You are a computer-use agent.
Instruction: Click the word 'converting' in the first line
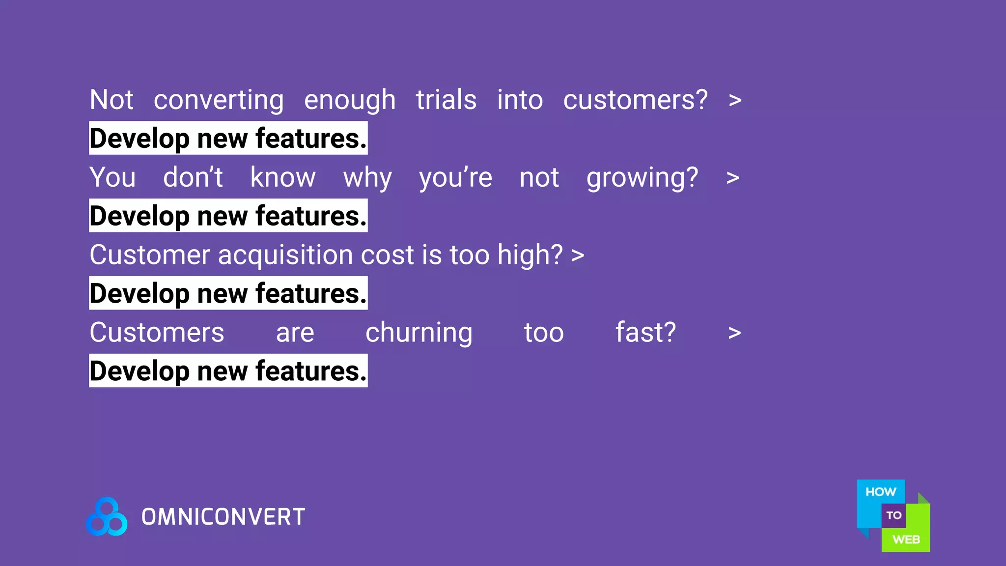click(x=219, y=101)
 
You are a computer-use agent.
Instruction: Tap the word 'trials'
click(x=446, y=100)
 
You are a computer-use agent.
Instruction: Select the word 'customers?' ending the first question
click(x=635, y=101)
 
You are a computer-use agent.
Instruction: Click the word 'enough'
click(x=350, y=101)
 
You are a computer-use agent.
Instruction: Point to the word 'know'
click(x=283, y=177)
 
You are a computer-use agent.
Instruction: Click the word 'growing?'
click(x=642, y=178)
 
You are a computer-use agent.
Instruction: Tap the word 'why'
click(x=367, y=178)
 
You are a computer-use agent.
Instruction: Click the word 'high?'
click(x=530, y=255)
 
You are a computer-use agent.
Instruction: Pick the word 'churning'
click(x=419, y=333)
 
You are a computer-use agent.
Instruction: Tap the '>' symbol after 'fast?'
click(x=734, y=333)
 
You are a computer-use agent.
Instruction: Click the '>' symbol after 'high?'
click(x=578, y=255)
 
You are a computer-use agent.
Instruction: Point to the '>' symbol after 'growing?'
click(x=732, y=178)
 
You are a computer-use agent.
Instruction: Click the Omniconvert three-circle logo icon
click(x=107, y=517)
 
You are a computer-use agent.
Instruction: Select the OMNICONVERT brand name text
click(x=224, y=517)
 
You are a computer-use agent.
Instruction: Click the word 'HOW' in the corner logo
click(x=880, y=492)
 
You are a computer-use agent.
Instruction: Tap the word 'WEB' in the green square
click(x=906, y=539)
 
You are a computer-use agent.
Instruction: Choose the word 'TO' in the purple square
click(x=894, y=515)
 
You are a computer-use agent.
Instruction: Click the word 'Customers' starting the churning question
click(x=157, y=333)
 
